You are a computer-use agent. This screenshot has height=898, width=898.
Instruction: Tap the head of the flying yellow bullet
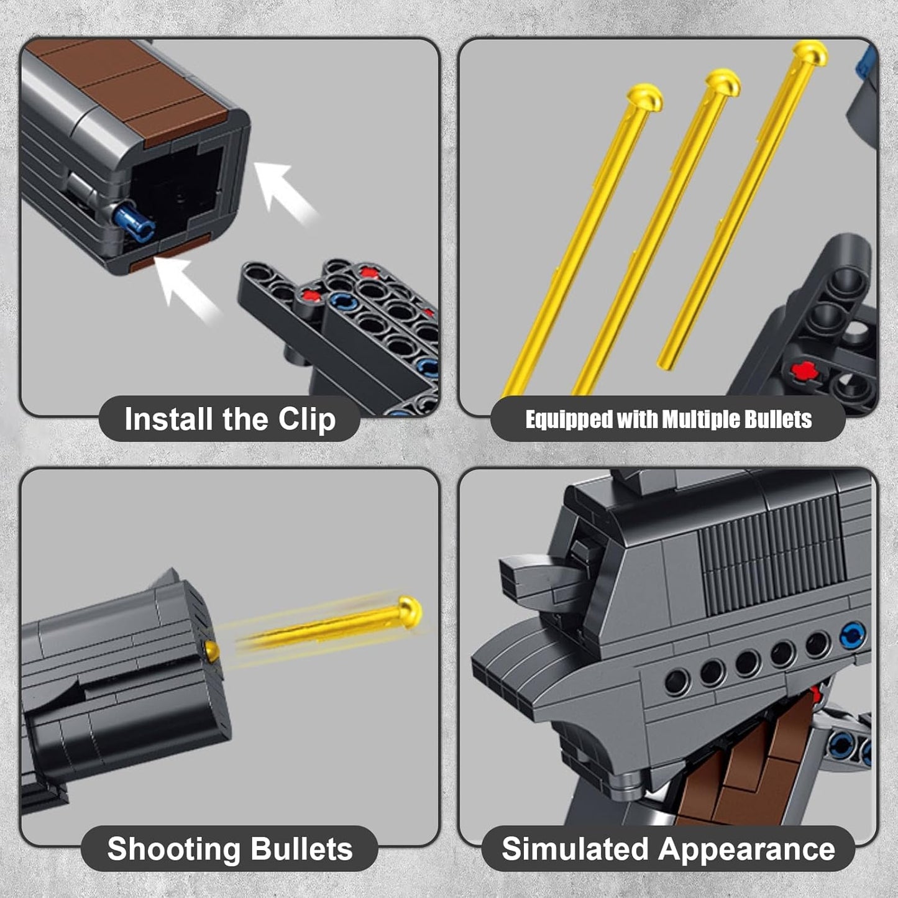pyautogui.click(x=410, y=612)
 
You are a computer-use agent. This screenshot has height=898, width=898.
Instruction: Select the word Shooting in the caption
pyautogui.click(x=173, y=849)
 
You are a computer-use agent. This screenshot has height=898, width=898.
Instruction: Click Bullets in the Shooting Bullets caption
pyautogui.click(x=301, y=849)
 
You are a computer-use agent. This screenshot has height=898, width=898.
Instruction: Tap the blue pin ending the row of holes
pyautogui.click(x=851, y=636)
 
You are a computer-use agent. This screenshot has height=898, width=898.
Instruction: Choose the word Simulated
pyautogui.click(x=574, y=849)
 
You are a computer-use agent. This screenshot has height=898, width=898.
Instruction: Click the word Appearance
pyautogui.click(x=746, y=849)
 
